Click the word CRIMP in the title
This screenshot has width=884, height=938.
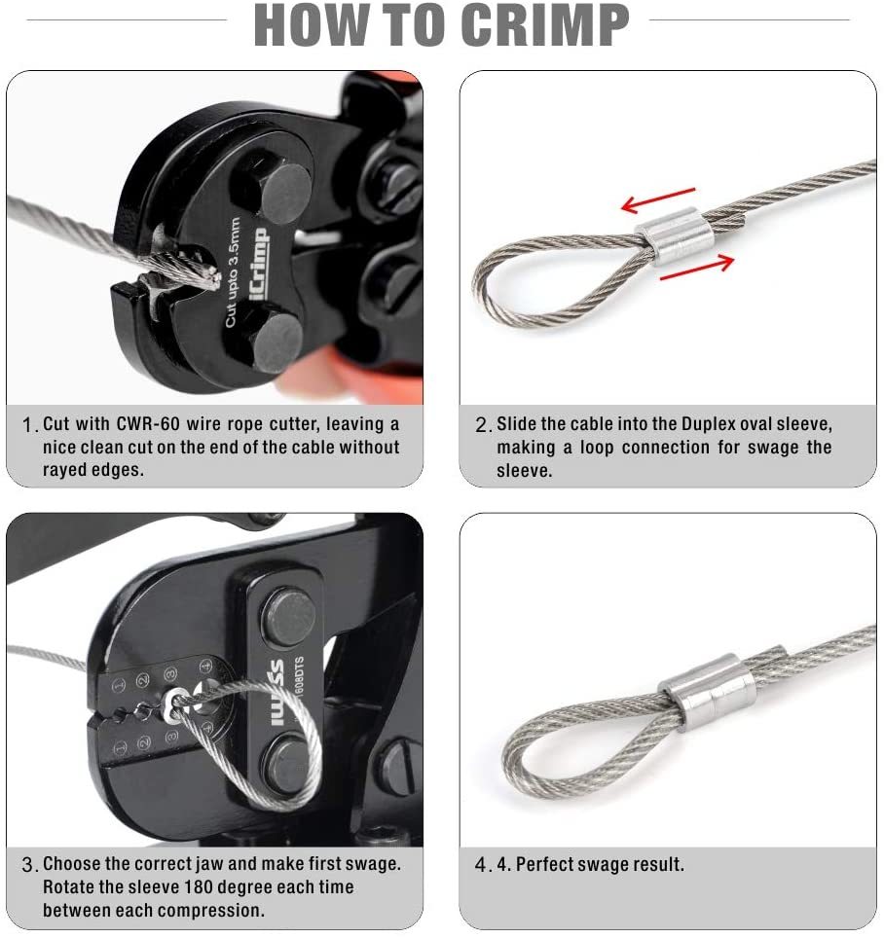pos(545,24)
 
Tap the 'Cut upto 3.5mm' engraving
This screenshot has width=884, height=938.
pos(233,271)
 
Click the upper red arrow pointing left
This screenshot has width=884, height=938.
pos(658,199)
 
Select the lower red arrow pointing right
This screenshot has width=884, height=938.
pos(697,267)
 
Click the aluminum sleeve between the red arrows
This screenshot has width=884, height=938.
pos(675,234)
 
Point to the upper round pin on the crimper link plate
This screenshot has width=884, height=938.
pos(290,617)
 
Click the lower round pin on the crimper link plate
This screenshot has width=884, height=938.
pos(288,764)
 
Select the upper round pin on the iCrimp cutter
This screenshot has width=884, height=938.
pos(283,194)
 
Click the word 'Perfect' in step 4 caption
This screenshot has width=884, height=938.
pos(545,864)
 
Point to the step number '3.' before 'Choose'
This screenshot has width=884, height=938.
pos(30,865)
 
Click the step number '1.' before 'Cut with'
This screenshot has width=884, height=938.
pos(30,425)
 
